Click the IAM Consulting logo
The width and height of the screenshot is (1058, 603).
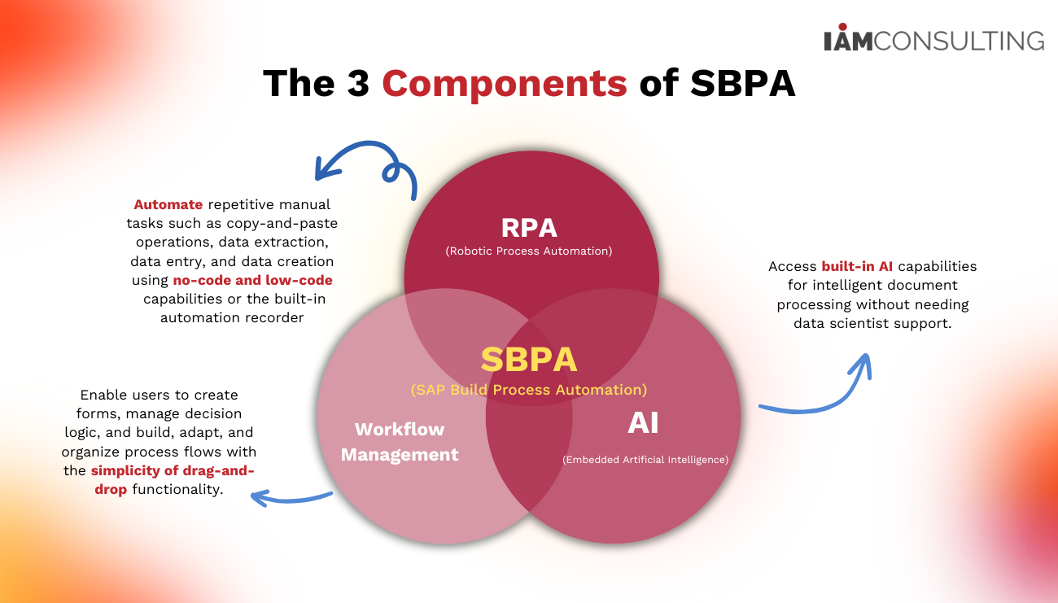[x=933, y=40]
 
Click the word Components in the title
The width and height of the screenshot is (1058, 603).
[x=505, y=84]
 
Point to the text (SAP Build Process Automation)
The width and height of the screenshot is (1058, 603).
[x=529, y=390]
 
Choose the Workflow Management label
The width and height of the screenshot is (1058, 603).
[x=400, y=442]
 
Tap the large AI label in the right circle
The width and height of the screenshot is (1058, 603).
[x=643, y=423]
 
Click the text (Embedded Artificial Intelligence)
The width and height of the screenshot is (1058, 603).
[x=645, y=460]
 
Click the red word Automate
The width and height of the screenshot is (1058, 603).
[x=168, y=204]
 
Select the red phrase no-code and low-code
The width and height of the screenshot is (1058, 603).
[x=252, y=281]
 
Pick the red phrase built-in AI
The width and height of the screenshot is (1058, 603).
[x=856, y=267]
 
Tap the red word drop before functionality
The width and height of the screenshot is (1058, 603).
[x=111, y=490]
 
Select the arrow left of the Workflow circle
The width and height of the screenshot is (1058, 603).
[x=289, y=496]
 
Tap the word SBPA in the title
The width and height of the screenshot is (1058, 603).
[x=742, y=84]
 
